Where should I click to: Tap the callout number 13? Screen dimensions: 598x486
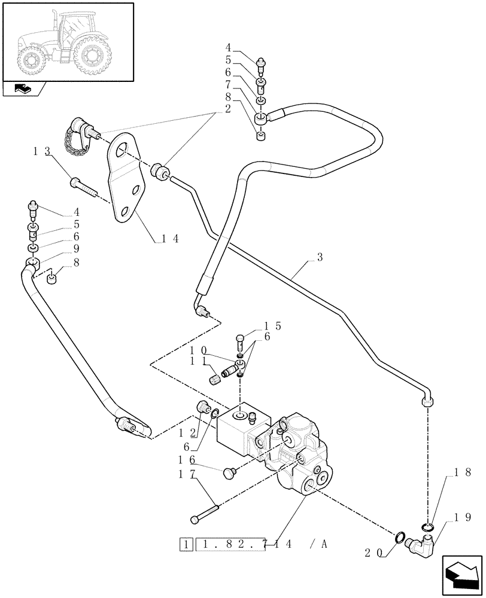41,153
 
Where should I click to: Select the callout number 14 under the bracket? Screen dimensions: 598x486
170,237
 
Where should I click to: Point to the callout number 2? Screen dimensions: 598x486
228,109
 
